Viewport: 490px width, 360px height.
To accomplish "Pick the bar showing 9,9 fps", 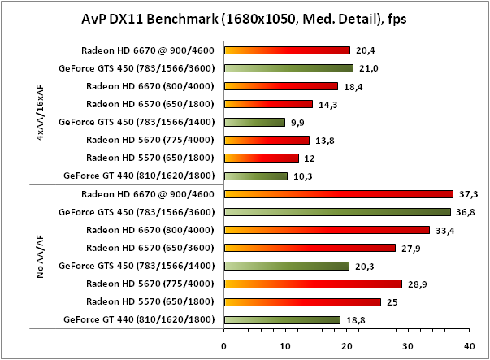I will pyautogui.click(x=254, y=122).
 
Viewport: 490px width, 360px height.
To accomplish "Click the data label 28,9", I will pyautogui.click(x=415, y=284).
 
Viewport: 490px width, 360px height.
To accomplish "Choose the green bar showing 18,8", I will pyautogui.click(x=281, y=319).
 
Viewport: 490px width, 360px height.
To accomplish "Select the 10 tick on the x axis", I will pyautogui.click(x=284, y=345).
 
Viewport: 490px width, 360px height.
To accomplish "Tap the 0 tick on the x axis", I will pyautogui.click(x=223, y=345).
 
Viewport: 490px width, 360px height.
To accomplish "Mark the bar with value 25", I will pyautogui.click(x=301, y=301).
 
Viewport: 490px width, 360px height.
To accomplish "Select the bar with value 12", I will pyautogui.click(x=261, y=158).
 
